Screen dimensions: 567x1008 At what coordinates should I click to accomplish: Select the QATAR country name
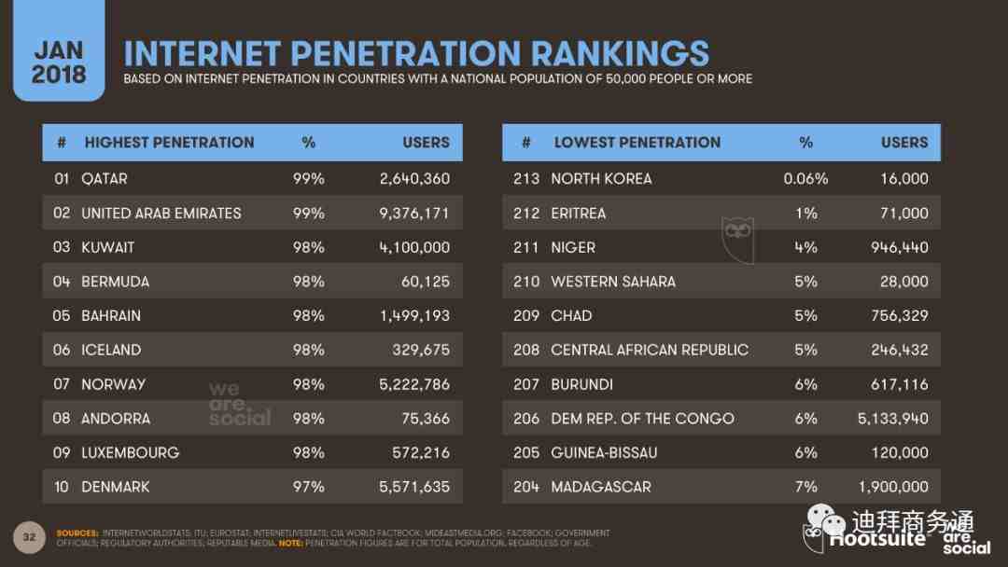pos(105,178)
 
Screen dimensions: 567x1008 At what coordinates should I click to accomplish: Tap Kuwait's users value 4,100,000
pos(414,247)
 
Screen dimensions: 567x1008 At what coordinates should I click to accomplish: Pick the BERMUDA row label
pos(115,282)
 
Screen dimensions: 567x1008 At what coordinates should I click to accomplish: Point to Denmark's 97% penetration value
pos(308,487)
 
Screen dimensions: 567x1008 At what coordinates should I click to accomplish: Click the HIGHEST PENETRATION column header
pos(169,143)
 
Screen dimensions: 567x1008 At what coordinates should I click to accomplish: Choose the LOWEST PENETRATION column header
pos(637,143)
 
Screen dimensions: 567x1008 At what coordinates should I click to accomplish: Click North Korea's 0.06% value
pos(805,178)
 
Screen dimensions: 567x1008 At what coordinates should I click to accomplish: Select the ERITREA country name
pos(578,213)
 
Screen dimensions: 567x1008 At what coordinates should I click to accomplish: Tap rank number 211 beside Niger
pos(526,247)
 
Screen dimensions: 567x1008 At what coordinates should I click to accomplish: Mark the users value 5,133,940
pos(892,419)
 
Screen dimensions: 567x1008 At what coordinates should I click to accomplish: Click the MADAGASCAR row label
pos(601,487)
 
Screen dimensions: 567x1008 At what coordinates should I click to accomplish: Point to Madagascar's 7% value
pos(805,487)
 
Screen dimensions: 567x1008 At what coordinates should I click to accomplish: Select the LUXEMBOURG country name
pos(130,452)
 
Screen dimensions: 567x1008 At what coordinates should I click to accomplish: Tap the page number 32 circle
pos(29,536)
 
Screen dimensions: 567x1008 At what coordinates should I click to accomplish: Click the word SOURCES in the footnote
pos(77,533)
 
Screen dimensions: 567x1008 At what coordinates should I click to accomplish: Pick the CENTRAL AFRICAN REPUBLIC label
pos(650,350)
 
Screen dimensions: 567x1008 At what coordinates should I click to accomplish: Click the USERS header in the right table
pos(904,143)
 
